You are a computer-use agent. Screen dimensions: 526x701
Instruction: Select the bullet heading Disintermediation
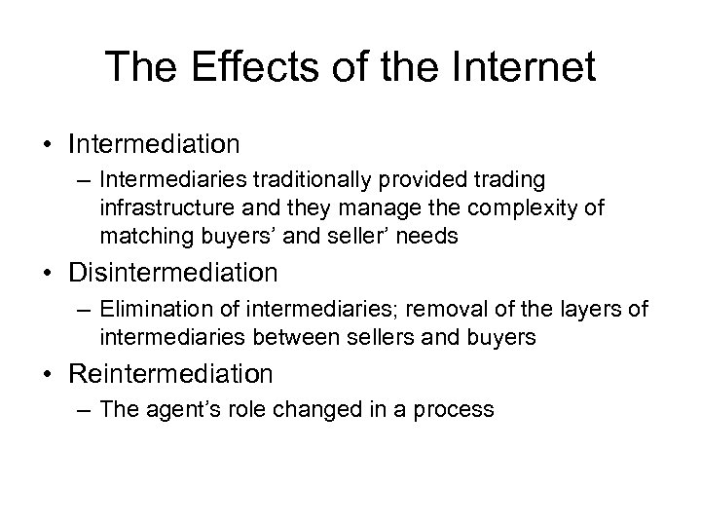172,269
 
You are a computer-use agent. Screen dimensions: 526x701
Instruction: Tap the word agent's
175,408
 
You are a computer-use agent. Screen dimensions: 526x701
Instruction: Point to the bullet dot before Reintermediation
50,374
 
